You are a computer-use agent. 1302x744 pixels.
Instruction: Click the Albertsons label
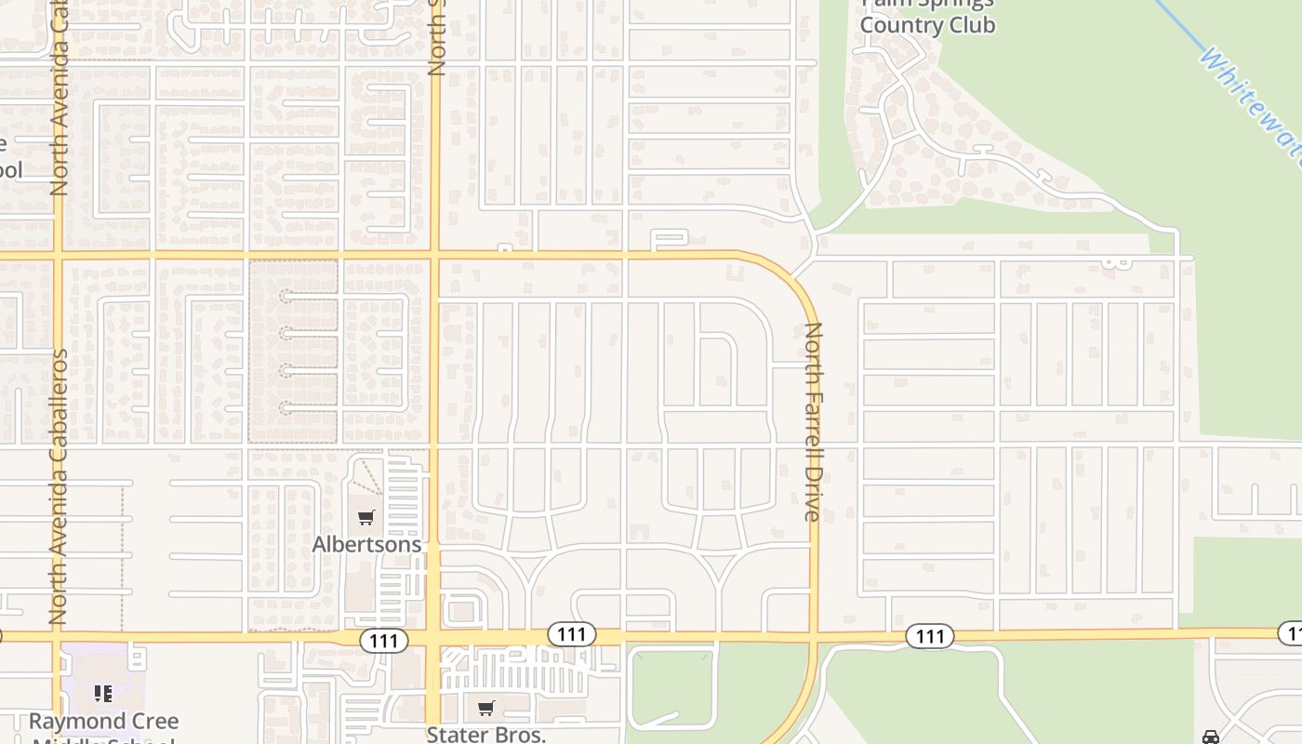[366, 544]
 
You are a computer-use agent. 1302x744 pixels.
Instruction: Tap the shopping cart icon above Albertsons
[366, 517]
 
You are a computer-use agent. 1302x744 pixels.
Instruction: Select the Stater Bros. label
[485, 734]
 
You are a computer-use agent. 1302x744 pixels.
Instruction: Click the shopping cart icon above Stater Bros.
[485, 709]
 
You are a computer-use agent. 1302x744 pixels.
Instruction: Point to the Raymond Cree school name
[103, 722]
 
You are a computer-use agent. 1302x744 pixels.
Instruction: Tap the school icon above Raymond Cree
[103, 693]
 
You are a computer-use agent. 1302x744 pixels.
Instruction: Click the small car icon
[1210, 737]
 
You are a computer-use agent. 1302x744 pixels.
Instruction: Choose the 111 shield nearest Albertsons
[383, 640]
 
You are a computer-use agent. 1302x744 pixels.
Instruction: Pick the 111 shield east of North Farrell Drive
[929, 636]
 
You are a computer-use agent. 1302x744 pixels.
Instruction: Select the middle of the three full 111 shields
[571, 634]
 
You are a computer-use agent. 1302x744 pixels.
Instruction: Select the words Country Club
[927, 25]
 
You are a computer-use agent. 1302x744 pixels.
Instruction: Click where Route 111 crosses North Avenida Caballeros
[58, 637]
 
